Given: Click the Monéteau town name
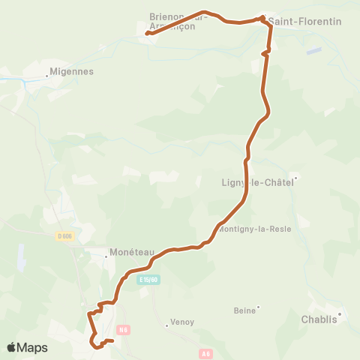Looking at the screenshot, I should coord(131,253).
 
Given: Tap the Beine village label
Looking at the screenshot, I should coord(244,310).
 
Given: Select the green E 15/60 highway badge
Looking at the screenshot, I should coord(149,280).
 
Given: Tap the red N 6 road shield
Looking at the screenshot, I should coord(124,328).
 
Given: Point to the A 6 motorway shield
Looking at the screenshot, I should coord(206,353).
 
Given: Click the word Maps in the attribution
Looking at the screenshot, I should coord(33,347).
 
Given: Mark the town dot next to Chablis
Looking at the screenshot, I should coord(340,314).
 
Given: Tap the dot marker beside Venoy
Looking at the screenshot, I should coord(166,325).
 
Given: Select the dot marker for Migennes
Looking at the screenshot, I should coord(45,73).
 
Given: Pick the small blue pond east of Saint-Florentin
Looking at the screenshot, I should coord(314,50).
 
